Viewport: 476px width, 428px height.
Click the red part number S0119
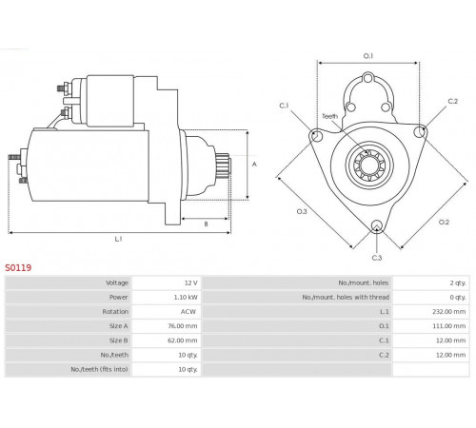18,268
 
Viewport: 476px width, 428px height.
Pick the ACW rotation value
188,312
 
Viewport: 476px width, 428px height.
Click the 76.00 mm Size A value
183,326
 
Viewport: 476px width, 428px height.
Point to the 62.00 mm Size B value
183,340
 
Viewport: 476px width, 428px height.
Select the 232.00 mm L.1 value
449,312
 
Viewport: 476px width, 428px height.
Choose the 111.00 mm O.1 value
449,326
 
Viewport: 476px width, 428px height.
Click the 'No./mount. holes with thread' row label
346,297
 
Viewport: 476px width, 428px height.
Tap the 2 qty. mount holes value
458,282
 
